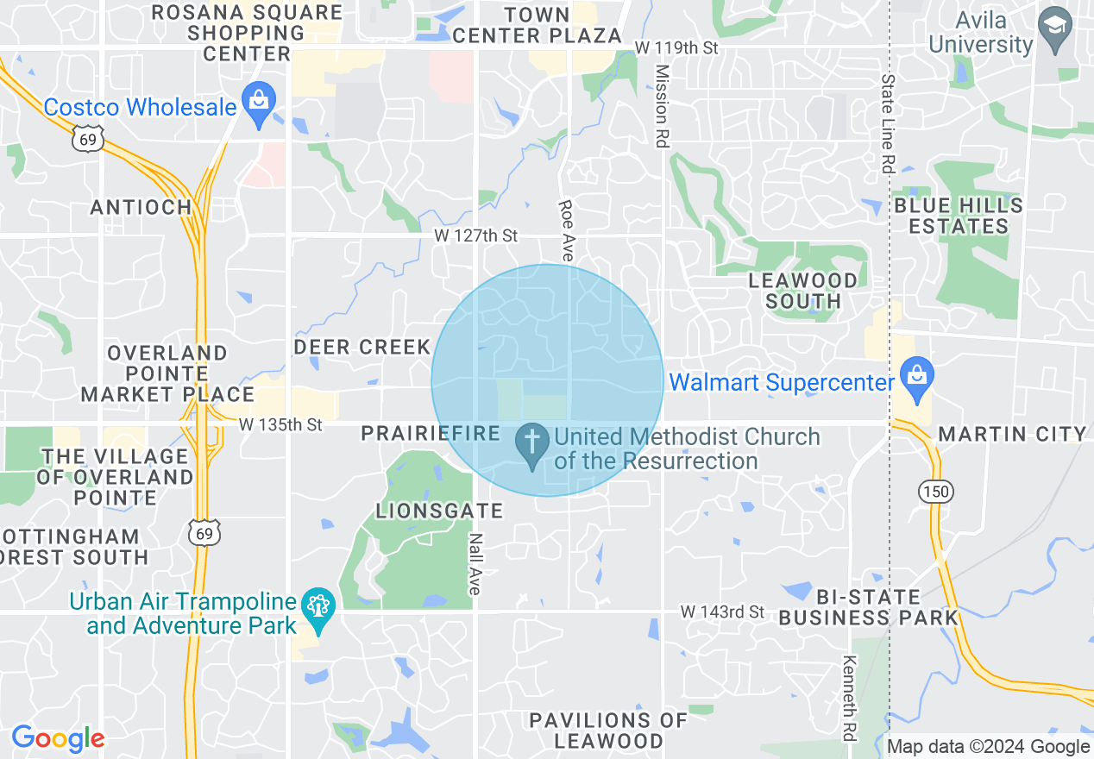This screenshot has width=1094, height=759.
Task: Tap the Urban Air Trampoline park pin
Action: [318, 610]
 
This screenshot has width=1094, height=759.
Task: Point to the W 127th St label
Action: [475, 235]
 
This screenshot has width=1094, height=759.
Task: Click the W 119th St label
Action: [676, 47]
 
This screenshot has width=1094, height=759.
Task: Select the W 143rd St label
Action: [722, 612]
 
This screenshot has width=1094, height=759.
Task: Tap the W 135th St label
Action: [280, 424]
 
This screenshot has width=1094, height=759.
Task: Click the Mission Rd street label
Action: [662, 105]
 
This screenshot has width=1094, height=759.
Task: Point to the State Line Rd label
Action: [888, 122]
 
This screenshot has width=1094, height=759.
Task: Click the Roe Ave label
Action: [566, 230]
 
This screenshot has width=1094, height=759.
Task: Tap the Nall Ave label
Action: [475, 563]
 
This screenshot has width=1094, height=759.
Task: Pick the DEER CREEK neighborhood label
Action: [362, 347]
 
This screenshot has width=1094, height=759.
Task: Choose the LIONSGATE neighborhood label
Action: [439, 511]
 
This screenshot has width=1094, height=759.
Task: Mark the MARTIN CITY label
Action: [1012, 433]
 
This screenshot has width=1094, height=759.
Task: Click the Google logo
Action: [58, 738]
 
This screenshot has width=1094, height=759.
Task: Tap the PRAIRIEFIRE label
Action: [431, 433]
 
